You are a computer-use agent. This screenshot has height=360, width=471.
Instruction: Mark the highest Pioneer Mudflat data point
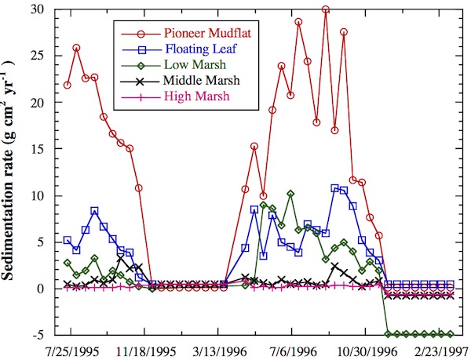point(326,10)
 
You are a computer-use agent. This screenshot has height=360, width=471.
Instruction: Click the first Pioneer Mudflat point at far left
point(68,85)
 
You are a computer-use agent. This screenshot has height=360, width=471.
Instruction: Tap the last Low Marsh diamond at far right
point(450,334)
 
